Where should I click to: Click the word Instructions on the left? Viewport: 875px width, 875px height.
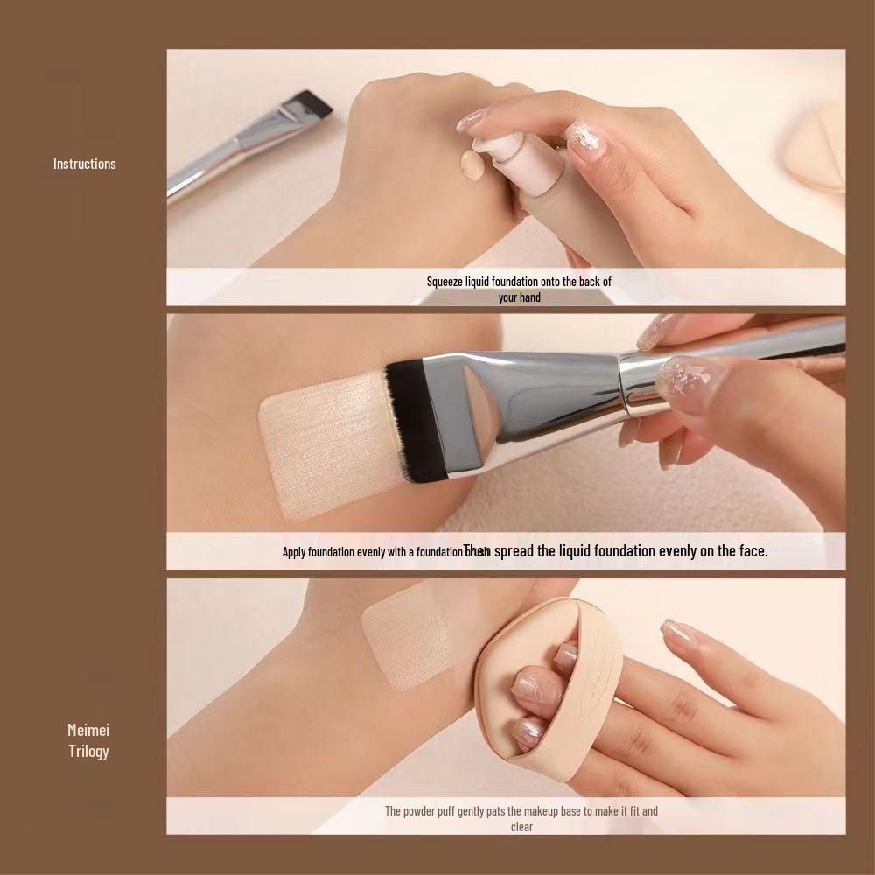tap(84, 164)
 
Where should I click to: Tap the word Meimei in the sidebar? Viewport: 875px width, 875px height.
tap(88, 730)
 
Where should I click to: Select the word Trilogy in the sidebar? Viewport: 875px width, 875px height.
tap(88, 751)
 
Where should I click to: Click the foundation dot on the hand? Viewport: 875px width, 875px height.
tap(472, 164)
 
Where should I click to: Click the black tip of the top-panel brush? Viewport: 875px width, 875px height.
tap(313, 103)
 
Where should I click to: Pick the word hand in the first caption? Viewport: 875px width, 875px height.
tap(530, 297)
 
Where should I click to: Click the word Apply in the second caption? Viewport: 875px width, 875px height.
tap(294, 552)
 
